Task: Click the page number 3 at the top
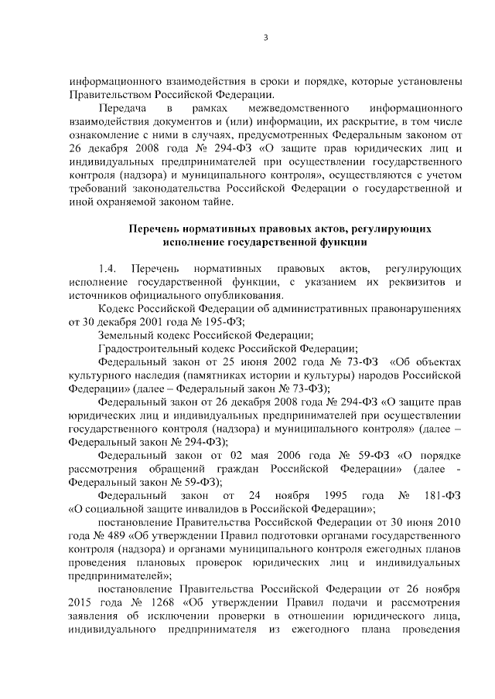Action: pos(265,41)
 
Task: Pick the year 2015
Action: pos(83,603)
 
